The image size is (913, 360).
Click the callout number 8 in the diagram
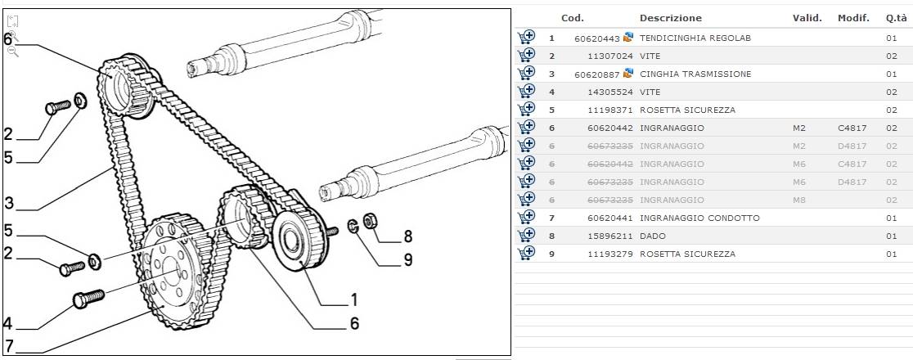coord(407,237)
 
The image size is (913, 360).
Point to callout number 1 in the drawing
coord(354,299)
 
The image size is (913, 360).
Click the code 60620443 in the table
coord(598,38)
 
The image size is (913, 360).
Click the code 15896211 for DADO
coord(610,236)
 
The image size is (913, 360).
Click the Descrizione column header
coord(670,18)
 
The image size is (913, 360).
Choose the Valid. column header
coord(807,18)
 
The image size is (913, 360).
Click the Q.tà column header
coord(895,18)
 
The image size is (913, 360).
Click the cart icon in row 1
coord(526,38)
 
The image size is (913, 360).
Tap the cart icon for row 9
coord(526,254)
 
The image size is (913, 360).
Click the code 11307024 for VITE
coord(610,56)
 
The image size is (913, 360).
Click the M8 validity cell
coord(799,200)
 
